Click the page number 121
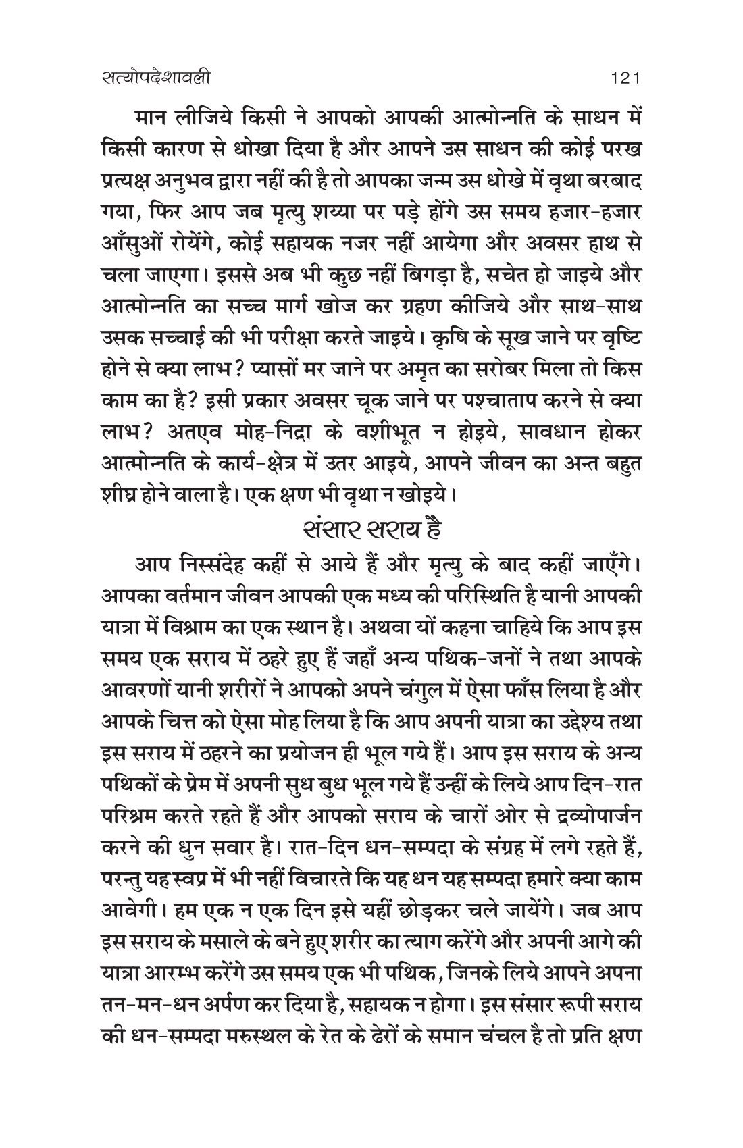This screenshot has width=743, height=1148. [624, 78]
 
